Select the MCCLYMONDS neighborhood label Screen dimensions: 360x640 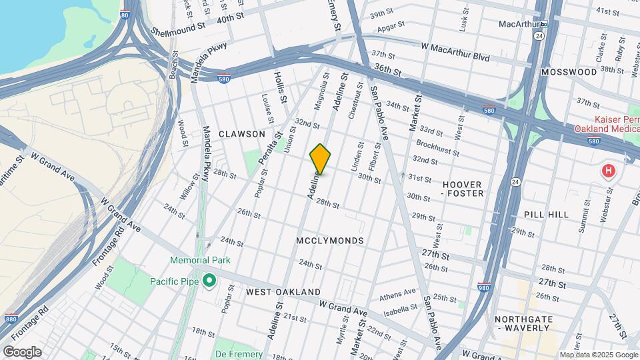(x=331, y=241)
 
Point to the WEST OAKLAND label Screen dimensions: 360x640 (x=283, y=292)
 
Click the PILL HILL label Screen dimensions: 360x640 (x=546, y=215)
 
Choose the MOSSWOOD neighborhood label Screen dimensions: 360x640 (x=569, y=71)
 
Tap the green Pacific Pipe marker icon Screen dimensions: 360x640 (x=209, y=281)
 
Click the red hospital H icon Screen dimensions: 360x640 (x=607, y=171)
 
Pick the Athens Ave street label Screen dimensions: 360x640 (x=397, y=296)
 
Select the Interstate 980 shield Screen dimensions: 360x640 (x=485, y=288)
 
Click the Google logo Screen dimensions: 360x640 (x=21, y=351)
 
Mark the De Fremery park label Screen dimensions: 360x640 (x=238, y=354)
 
